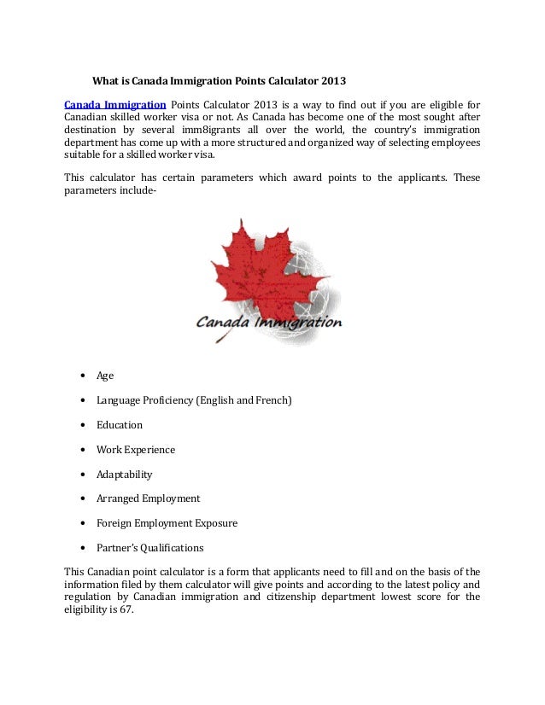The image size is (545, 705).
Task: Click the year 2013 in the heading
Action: pos(333,82)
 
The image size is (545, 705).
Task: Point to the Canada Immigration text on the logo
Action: pos(269,323)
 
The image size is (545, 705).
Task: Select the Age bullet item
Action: pos(104,376)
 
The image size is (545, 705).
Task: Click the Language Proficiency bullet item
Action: pos(194,400)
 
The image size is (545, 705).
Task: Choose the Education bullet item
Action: pos(120,425)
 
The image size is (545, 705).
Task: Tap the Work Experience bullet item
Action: pos(135,450)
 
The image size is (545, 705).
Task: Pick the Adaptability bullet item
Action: pos(125,475)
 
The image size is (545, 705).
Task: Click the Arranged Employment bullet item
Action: pos(148,498)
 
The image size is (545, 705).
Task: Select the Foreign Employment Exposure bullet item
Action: pos(167,523)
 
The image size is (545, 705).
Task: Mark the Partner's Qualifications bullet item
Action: pos(149,548)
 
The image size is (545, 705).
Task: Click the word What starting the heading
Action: pos(106,82)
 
